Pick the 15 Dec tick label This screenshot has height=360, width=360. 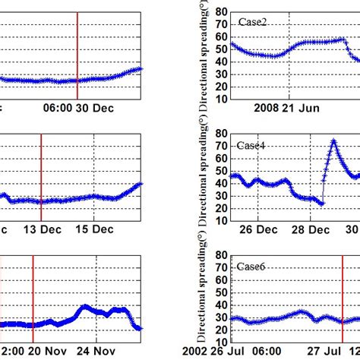tap(96, 230)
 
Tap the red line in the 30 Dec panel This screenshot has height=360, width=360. tap(77, 53)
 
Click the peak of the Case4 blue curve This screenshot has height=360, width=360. tap(333, 141)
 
